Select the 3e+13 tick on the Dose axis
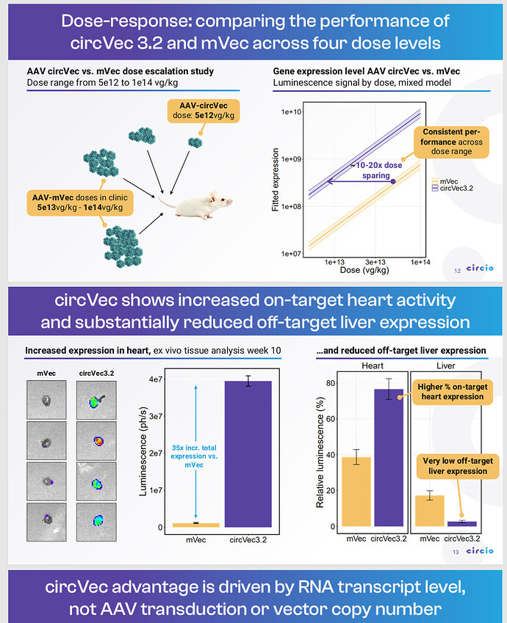click(x=376, y=262)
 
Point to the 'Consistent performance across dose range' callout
click(x=450, y=142)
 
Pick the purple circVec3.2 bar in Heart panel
click(x=387, y=458)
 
